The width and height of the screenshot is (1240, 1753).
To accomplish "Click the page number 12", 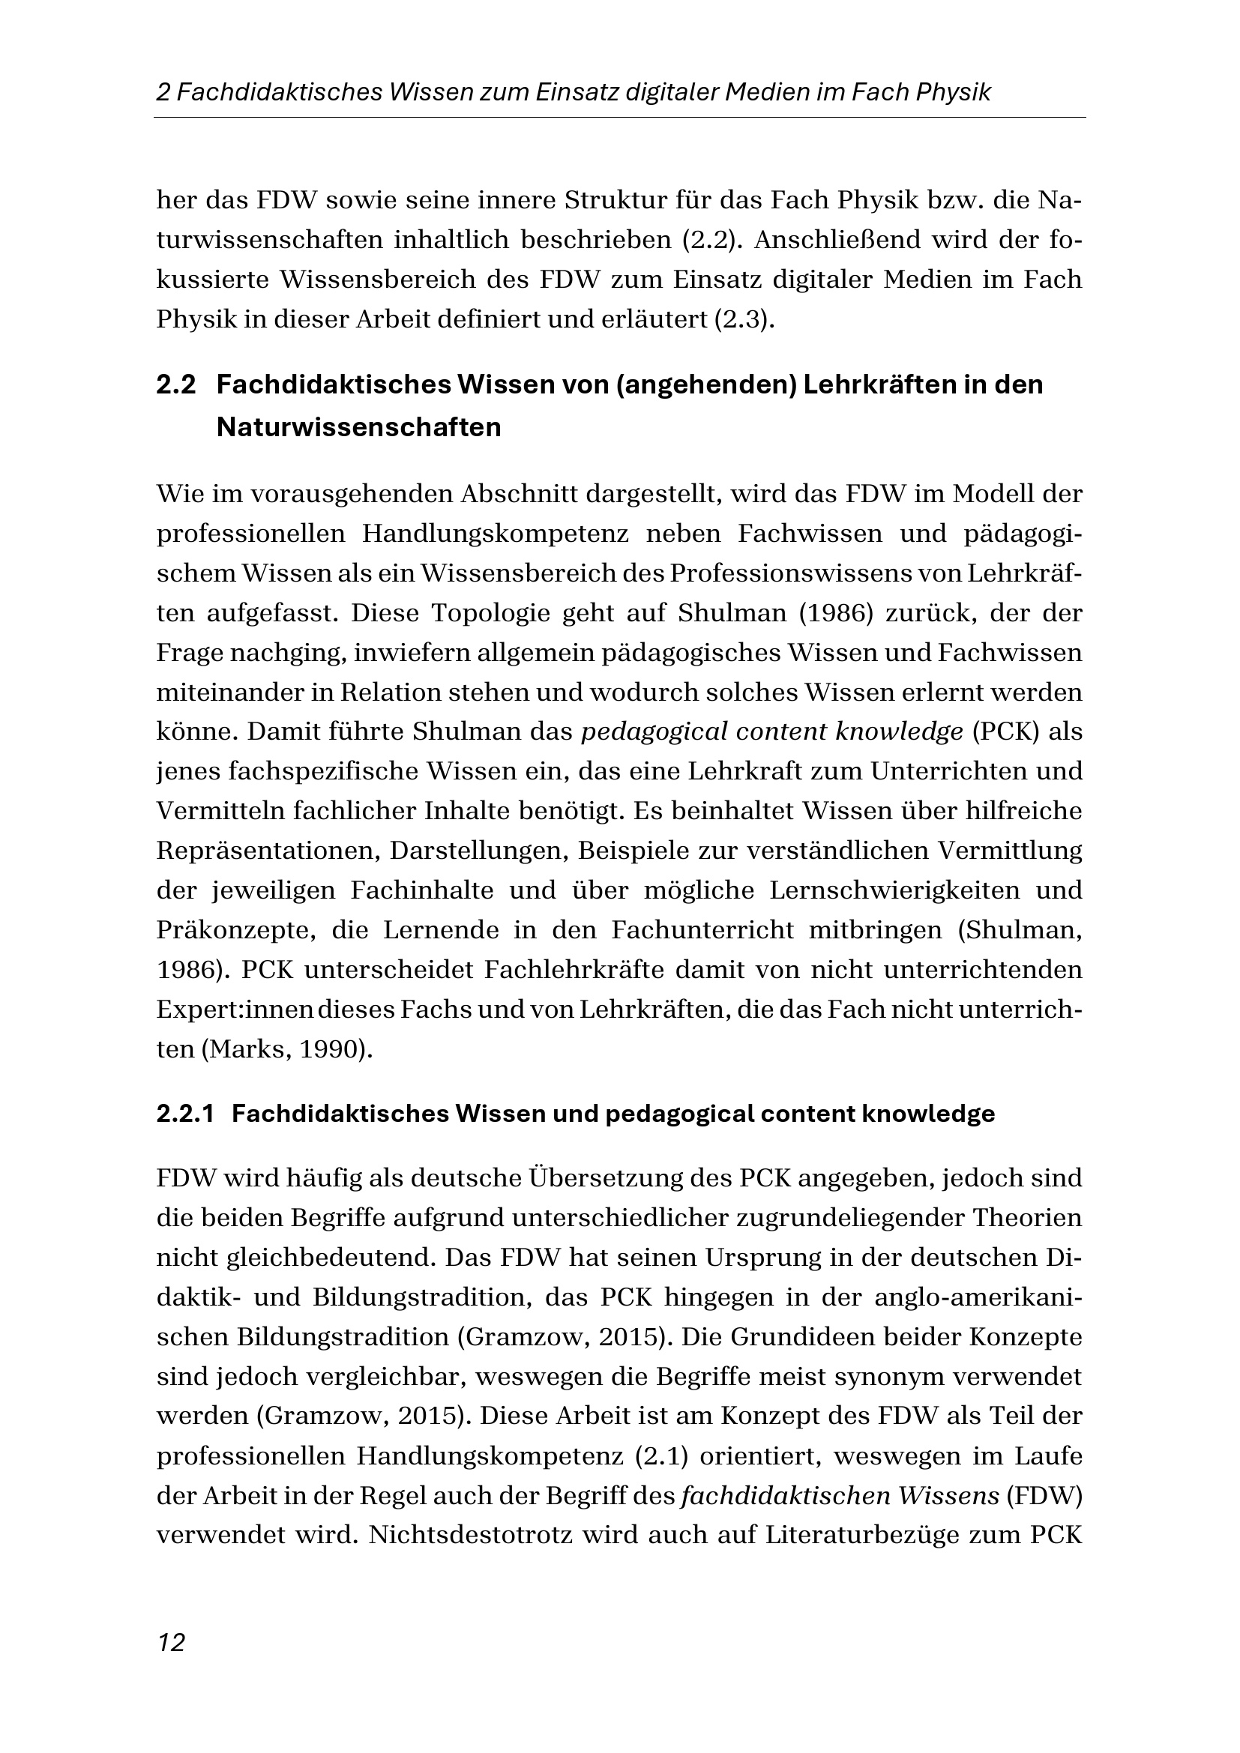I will point(171,1641).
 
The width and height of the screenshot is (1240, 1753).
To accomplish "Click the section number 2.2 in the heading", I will point(176,385).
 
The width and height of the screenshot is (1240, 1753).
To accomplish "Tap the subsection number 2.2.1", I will point(184,1114).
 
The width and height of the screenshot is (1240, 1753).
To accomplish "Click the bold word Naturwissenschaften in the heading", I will point(359,427).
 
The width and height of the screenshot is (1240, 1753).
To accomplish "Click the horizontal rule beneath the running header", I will point(619,118).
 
